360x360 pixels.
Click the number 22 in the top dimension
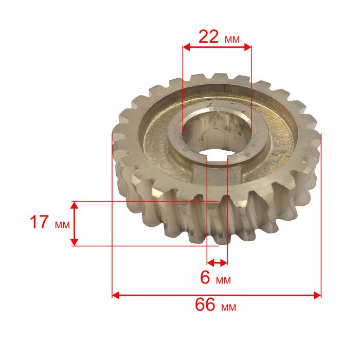coord(208,37)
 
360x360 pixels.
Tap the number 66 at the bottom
coord(205,304)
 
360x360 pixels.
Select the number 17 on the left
coord(39,222)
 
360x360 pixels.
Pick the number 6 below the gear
coord(205,277)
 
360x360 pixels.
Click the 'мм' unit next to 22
coord(232,40)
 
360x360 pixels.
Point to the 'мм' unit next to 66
coord(229,307)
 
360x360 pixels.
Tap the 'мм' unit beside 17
coord(62,225)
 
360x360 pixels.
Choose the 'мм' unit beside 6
coord(223,280)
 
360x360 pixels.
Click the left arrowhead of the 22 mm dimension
coord(186,47)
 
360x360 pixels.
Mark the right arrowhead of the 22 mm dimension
coord(248,47)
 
